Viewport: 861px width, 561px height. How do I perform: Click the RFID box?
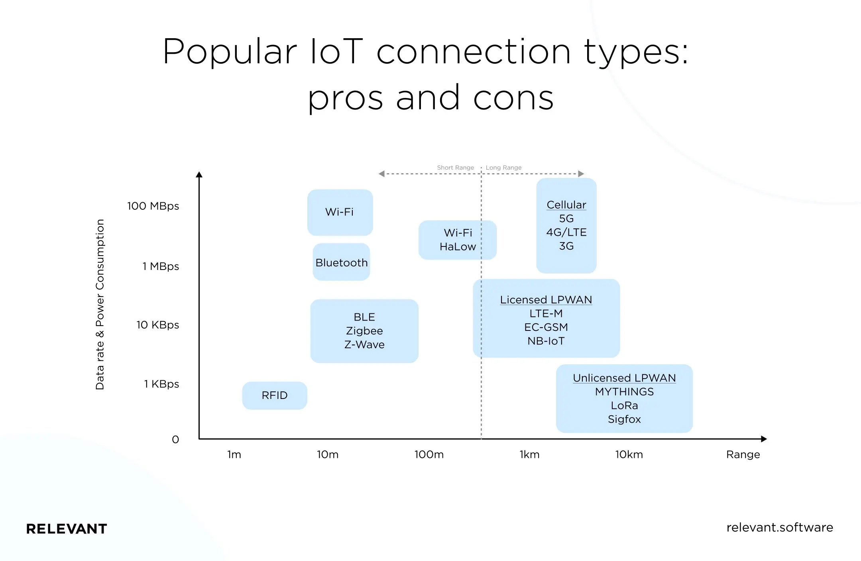point(275,395)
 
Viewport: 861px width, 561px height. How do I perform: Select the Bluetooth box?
point(342,263)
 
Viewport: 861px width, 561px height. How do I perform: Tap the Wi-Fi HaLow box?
point(458,240)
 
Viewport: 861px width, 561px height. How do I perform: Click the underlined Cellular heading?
point(566,205)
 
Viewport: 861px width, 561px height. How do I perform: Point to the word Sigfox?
point(624,419)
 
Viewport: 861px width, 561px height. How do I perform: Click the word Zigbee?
point(364,331)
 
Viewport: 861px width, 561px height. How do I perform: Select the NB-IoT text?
point(546,341)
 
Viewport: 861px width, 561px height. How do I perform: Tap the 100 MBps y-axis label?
point(153,206)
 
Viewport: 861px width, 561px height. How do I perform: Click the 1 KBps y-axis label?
point(161,384)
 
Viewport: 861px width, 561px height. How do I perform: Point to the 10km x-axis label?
point(629,455)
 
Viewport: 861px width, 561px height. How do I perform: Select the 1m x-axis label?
point(234,455)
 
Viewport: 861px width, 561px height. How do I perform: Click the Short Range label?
point(455,168)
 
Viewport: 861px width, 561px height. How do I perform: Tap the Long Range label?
point(503,168)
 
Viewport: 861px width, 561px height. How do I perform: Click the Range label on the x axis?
point(743,455)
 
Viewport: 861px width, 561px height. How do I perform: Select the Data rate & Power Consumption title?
point(100,305)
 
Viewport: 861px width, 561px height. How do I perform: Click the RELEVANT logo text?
point(67,529)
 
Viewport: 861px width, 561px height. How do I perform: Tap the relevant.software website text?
point(780,528)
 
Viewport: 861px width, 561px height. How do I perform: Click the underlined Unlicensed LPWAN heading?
point(624,378)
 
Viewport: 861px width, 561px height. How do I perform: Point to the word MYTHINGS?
point(624,392)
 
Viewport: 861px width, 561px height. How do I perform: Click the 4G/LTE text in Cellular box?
point(566,232)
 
